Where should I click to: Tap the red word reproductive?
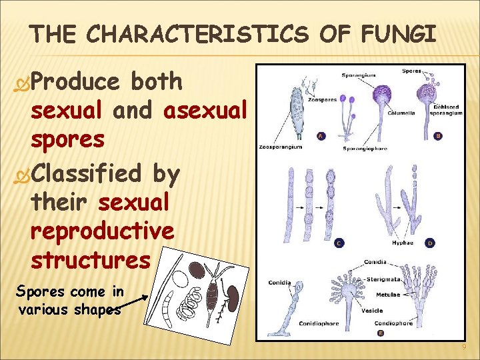point(103,231)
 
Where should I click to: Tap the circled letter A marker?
point(321,136)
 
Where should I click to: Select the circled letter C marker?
point(339,243)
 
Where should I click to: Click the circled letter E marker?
point(380,333)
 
